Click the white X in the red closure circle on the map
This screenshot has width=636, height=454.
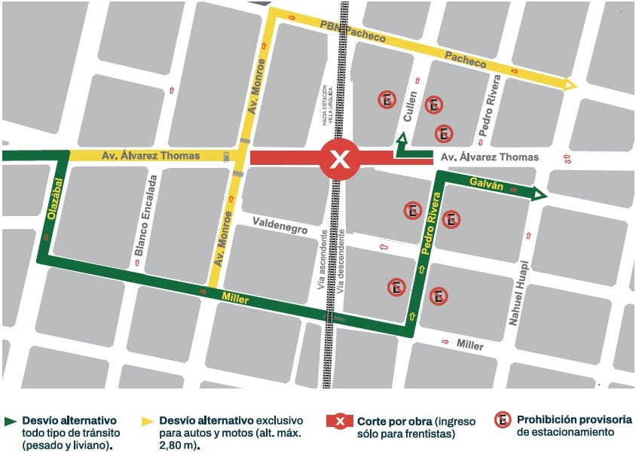(x=341, y=159)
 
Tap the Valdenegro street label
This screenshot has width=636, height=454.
(x=280, y=224)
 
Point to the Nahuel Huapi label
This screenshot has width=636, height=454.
(x=515, y=294)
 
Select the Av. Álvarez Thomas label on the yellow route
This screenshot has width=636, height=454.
(x=151, y=156)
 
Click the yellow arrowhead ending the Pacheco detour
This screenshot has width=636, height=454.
(x=571, y=85)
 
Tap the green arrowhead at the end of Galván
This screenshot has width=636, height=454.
(x=540, y=195)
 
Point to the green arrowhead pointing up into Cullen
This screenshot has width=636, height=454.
(x=402, y=138)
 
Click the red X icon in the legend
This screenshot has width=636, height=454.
(x=339, y=420)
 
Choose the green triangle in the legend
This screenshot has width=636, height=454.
(x=10, y=420)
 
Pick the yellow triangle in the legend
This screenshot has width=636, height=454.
(x=146, y=420)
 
